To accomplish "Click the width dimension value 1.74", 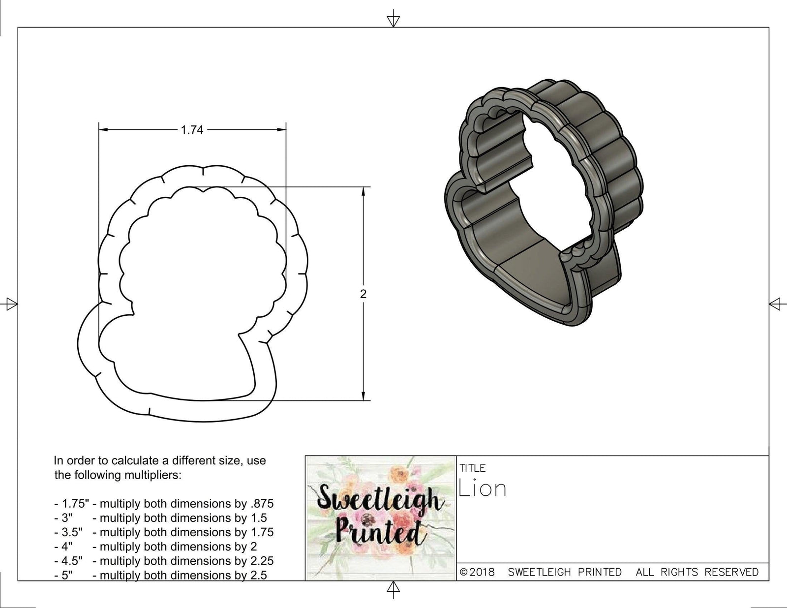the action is (x=192, y=130).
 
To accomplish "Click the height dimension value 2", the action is (x=363, y=294).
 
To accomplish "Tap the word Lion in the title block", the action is (x=482, y=488).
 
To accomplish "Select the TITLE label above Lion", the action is (x=473, y=468).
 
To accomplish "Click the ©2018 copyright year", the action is (x=477, y=573).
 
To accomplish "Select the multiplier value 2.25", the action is (x=262, y=561).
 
